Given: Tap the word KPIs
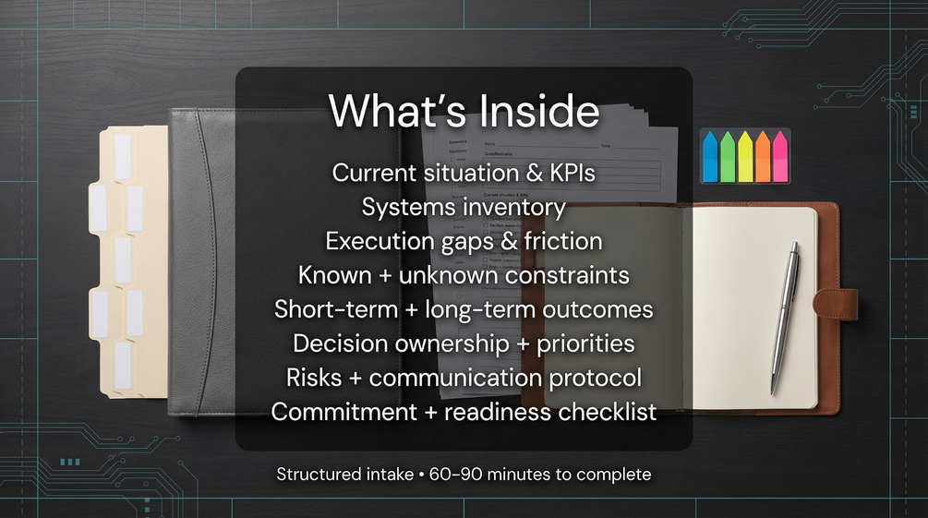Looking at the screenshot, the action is [x=572, y=173].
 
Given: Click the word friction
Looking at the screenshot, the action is [x=563, y=241].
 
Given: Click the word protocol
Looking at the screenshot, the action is [x=596, y=379].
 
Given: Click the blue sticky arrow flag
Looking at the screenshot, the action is [x=710, y=156].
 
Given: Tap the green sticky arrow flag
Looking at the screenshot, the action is [x=728, y=156].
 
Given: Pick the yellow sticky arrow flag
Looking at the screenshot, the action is [x=746, y=156].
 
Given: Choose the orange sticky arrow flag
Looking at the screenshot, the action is [x=764, y=156].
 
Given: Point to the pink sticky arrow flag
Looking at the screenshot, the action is [x=780, y=156].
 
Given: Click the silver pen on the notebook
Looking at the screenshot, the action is [x=786, y=318].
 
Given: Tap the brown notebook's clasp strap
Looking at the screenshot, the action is [x=836, y=305].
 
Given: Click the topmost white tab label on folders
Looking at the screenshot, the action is [x=123, y=157].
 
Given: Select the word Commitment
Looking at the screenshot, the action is [x=344, y=412].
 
